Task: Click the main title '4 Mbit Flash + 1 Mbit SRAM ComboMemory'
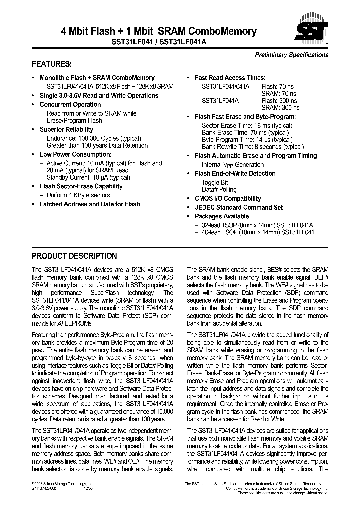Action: [158, 32]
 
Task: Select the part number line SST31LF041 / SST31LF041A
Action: [158, 43]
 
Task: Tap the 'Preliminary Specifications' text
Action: [291, 55]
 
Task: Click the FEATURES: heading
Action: [52, 65]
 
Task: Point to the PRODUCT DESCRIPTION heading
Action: [74, 256]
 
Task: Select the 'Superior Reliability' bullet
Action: [66, 130]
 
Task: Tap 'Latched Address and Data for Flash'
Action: [90, 204]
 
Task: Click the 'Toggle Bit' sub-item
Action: [214, 183]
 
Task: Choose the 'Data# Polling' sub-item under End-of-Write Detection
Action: [219, 190]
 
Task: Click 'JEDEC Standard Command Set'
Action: [238, 207]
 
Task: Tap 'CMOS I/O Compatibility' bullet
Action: [228, 198]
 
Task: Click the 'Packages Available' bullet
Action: [221, 216]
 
